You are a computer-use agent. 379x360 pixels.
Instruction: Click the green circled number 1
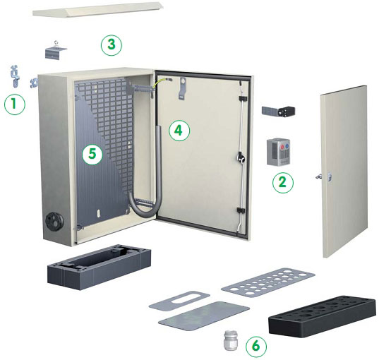coord(15,104)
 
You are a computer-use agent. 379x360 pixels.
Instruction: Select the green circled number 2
coord(283,183)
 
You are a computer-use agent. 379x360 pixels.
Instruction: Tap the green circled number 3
coord(112,45)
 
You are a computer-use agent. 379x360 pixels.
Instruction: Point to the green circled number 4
coord(179,131)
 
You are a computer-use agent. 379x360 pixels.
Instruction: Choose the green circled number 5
coord(92,154)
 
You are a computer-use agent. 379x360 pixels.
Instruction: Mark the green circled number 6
coord(256,347)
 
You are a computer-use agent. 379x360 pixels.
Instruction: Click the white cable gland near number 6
coord(231,340)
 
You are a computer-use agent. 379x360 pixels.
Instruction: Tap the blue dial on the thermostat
coord(287,146)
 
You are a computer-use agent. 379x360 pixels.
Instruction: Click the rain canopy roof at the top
coord(98,10)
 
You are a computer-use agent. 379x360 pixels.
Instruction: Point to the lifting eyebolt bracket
coord(56,50)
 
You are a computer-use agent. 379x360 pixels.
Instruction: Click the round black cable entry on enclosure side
coord(54,221)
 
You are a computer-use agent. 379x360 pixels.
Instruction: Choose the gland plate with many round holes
coord(268,282)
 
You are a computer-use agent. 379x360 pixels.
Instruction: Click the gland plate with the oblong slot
coord(179,301)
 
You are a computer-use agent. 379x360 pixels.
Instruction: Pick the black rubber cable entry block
coord(323,316)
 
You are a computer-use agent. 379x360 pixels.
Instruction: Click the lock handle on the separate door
coord(323,176)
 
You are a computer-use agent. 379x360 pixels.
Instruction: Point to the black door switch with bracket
coord(279,112)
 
